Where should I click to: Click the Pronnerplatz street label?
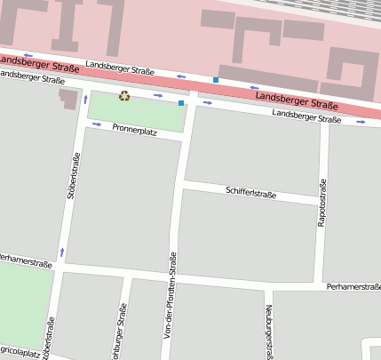pos(134,129)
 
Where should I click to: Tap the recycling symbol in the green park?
pos(124,96)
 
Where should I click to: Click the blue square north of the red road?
pos(216,80)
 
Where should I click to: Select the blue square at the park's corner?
pos(181,104)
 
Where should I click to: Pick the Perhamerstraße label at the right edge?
pos(353,287)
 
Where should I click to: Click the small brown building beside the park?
pos(68,98)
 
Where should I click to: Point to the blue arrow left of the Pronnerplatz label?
pos(96,124)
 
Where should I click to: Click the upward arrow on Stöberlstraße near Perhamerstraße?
pos(62,252)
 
